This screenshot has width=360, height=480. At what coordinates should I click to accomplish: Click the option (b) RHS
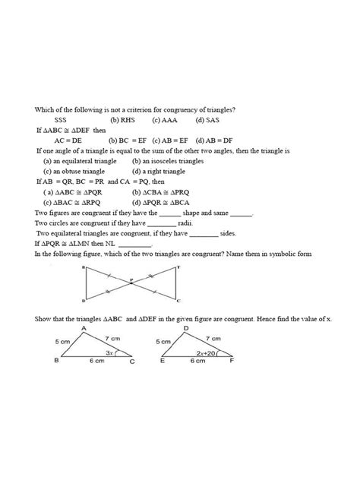click(123, 120)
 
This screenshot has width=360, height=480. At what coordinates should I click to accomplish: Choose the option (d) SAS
click(207, 120)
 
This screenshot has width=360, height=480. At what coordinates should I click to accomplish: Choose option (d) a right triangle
click(162, 172)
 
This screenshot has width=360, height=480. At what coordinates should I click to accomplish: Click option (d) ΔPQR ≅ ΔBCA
click(165, 203)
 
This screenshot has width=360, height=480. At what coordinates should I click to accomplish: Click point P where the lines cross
click(131, 283)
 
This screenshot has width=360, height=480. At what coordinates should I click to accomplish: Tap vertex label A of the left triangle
click(82, 327)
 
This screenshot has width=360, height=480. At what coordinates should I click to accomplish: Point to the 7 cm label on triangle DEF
click(213, 338)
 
